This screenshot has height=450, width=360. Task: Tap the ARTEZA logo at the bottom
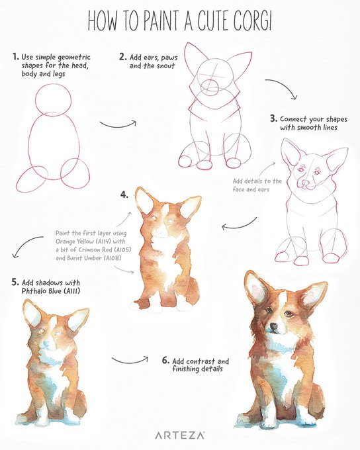tap(180, 435)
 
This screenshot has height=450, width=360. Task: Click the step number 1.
tap(15, 56)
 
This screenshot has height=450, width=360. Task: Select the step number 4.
tap(124, 195)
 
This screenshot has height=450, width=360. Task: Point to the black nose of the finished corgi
tap(273, 326)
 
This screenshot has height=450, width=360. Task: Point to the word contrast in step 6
tap(202, 361)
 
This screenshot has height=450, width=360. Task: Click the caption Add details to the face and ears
tap(257, 185)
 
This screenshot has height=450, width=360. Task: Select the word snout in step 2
tap(165, 66)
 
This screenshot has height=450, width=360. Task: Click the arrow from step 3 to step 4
tap(239, 226)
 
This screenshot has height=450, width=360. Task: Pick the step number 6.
tap(165, 360)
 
